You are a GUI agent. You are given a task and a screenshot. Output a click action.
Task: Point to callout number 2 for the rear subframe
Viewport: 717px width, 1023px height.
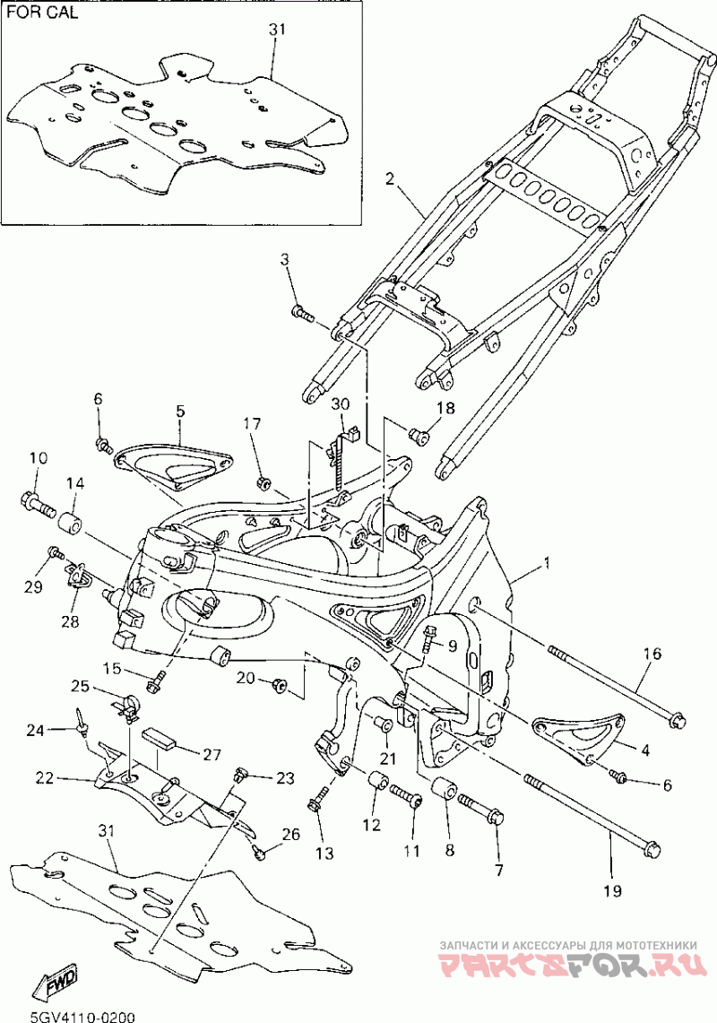tap(390, 178)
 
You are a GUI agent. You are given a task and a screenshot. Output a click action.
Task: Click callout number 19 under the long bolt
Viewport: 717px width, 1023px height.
tap(613, 889)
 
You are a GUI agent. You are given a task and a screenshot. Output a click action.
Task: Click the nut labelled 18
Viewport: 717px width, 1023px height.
tap(418, 434)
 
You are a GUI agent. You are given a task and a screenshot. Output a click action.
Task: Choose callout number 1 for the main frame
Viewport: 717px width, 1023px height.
tap(547, 562)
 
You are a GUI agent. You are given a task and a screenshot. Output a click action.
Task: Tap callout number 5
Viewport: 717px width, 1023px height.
tap(180, 411)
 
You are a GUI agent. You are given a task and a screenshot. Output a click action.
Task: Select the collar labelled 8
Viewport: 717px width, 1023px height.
tap(445, 789)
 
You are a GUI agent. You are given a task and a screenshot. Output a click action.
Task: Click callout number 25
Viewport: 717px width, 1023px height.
tap(80, 688)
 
